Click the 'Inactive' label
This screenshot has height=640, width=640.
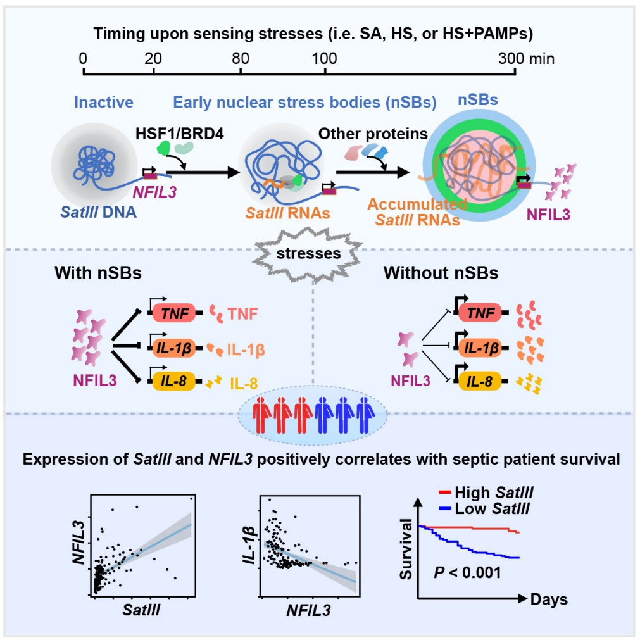(104, 102)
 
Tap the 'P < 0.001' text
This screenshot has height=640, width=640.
(467, 573)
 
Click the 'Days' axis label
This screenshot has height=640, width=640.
(549, 599)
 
